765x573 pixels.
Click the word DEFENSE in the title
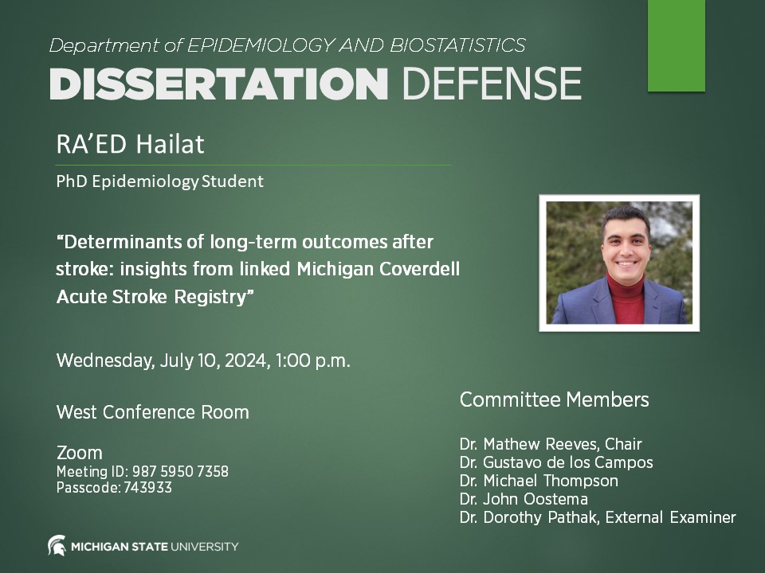click(491, 84)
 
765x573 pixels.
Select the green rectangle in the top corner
click(676, 45)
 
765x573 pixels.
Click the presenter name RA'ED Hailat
click(130, 145)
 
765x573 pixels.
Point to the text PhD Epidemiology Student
click(159, 181)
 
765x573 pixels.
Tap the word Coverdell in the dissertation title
click(420, 269)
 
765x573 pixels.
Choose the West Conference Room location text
click(152, 412)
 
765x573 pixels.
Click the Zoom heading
click(79, 453)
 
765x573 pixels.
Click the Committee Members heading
click(554, 400)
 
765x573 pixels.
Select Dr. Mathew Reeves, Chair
click(550, 444)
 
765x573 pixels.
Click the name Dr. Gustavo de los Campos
click(555, 462)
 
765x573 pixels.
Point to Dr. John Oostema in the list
click(524, 499)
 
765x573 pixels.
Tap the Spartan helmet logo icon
click(57, 546)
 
